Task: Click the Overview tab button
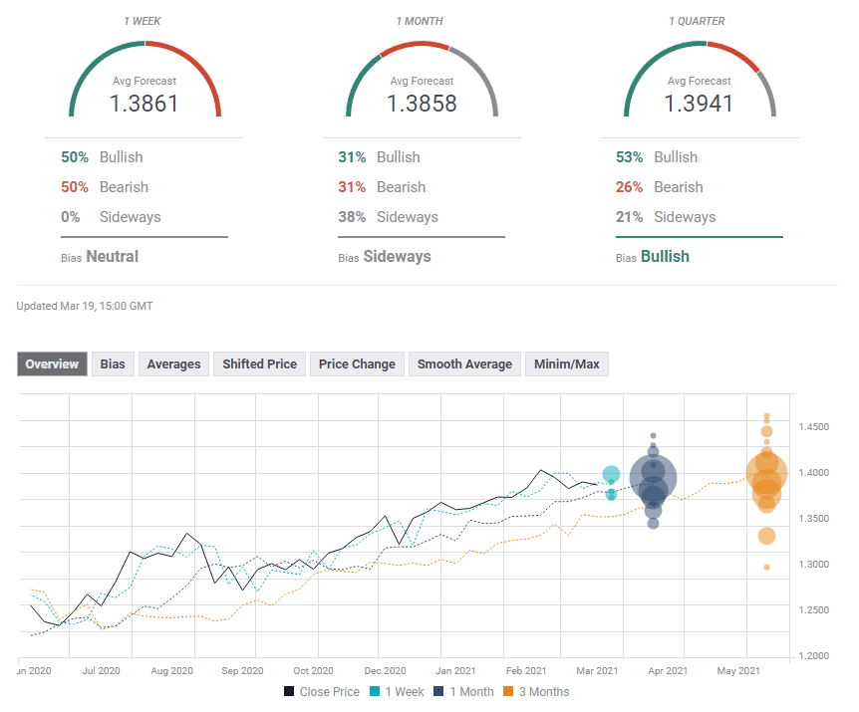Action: (x=52, y=364)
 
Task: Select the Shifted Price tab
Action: (x=259, y=364)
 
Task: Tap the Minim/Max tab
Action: (x=567, y=364)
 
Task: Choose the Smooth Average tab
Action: (x=464, y=364)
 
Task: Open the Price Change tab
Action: (x=357, y=364)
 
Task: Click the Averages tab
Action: (x=173, y=364)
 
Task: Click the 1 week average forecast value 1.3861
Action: (x=144, y=103)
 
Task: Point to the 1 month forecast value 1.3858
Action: (x=422, y=103)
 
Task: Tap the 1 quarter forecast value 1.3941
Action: (x=699, y=103)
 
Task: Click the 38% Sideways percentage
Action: (x=352, y=217)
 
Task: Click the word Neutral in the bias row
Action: (x=113, y=257)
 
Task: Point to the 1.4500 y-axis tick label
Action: (x=813, y=427)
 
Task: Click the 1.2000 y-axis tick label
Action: (x=813, y=656)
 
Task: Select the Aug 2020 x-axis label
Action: (x=172, y=672)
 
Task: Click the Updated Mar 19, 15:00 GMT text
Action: (x=85, y=307)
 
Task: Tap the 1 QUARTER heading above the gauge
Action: (x=699, y=21)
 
